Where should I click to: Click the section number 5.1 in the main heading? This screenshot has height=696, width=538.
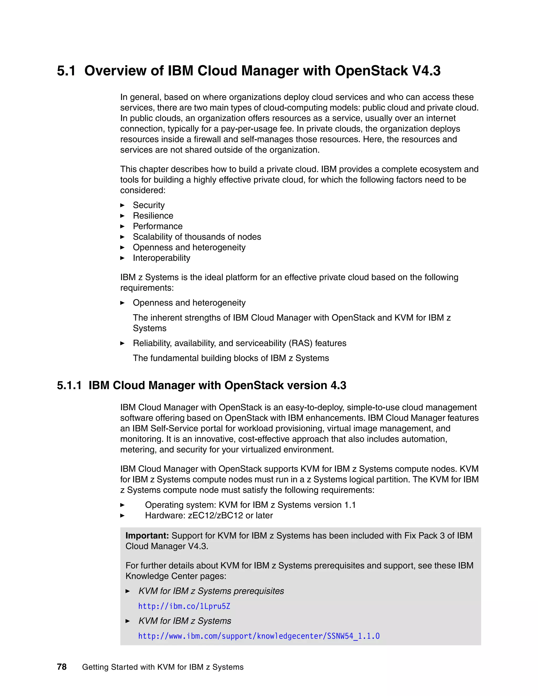click(x=66, y=71)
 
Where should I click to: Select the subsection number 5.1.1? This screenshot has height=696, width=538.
click(x=69, y=385)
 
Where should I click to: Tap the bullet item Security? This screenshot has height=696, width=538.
click(x=148, y=205)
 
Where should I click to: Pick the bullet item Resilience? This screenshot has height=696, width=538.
click(x=153, y=216)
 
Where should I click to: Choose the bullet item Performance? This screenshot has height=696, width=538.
click(x=157, y=226)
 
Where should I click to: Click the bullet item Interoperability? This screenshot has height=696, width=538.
click(x=161, y=258)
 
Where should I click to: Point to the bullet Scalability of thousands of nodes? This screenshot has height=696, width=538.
click(x=197, y=237)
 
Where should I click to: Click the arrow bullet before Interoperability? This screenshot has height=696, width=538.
click(x=122, y=258)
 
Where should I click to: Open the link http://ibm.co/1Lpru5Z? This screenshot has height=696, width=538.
click(x=184, y=606)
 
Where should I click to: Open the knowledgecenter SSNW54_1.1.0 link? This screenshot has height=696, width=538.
click(x=258, y=636)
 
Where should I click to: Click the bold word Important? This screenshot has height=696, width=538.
click(x=147, y=536)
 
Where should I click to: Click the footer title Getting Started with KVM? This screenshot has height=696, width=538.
click(x=163, y=667)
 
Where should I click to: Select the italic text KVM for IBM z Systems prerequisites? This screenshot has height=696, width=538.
click(x=211, y=591)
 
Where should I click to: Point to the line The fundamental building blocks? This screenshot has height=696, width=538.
click(x=231, y=358)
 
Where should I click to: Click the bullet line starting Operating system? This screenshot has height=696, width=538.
click(x=250, y=505)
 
